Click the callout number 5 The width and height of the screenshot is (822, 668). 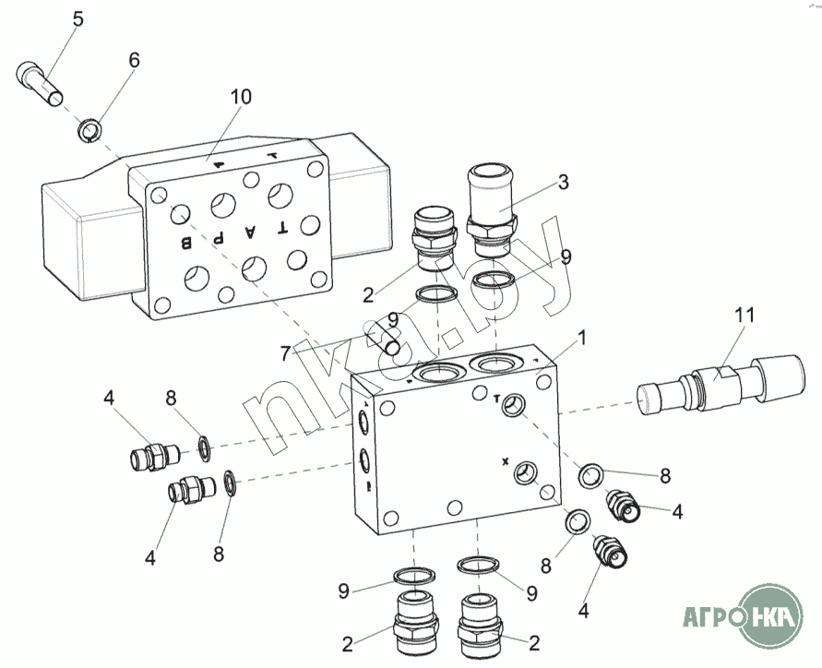[x=77, y=19]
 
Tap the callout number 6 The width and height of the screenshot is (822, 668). [x=134, y=60]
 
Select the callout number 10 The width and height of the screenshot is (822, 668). [x=241, y=97]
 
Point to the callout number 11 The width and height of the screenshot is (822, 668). [x=745, y=316]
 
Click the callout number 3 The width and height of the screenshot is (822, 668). [x=563, y=183]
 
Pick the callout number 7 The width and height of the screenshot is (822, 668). [x=285, y=354]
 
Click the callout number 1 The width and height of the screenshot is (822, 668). [x=582, y=339]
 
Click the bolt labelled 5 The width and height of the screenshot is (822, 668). [x=40, y=84]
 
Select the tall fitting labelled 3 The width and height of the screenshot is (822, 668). [x=491, y=209]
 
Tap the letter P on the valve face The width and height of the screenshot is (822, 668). [x=219, y=238]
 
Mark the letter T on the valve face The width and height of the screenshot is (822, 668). [x=282, y=228]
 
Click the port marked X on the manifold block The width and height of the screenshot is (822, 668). [x=524, y=472]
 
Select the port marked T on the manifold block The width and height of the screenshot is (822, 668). [x=512, y=404]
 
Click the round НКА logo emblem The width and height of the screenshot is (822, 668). [x=770, y=617]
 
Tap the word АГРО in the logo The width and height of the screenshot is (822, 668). [x=711, y=617]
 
